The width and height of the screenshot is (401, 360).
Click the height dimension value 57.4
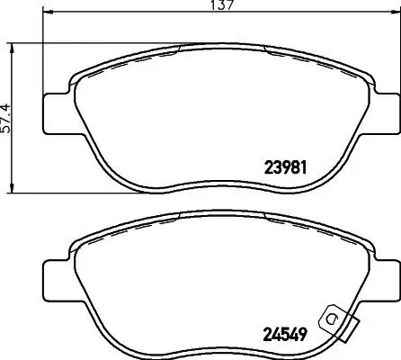[x=8, y=115]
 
